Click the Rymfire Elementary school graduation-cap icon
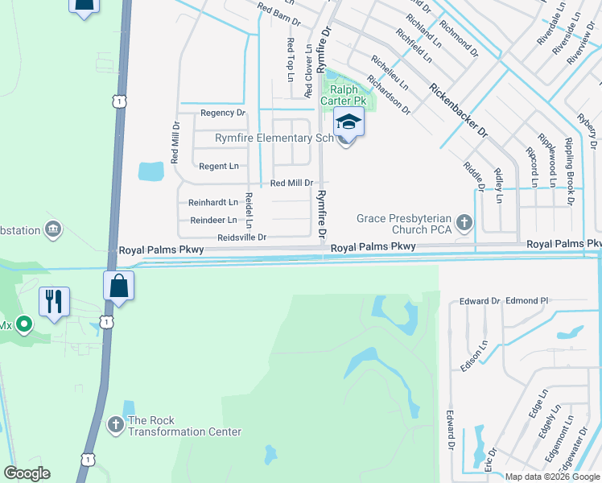pos(348,122)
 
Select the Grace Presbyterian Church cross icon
pos(464,221)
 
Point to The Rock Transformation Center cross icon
pos(115,424)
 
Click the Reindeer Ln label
pos(213,220)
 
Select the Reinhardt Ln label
pos(213,202)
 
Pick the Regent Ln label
pos(219,166)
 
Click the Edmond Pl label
pos(527,301)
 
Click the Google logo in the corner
pos(27,473)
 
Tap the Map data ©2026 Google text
pos(552,477)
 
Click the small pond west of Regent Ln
pos(150,171)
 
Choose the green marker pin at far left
pos(23,325)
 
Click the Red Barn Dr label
pos(278,10)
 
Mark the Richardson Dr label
pos(389,94)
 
